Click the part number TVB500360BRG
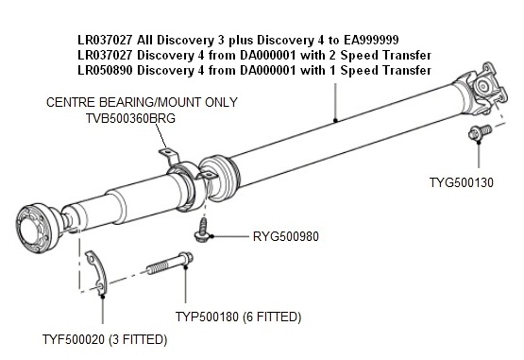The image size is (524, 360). coord(118,118)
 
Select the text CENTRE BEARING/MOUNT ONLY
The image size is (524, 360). coord(142,102)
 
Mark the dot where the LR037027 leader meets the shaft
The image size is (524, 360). coord(335,120)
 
